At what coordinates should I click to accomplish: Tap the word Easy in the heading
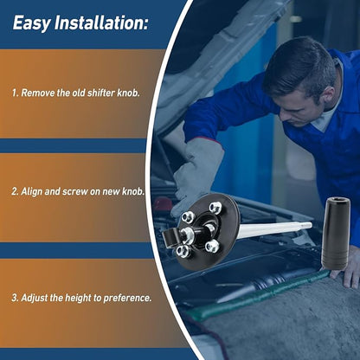pyautogui.click(x=31, y=24)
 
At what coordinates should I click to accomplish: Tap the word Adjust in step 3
pyautogui.click(x=34, y=298)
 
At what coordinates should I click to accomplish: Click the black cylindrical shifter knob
pyautogui.click(x=336, y=234)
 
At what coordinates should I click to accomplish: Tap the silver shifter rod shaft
pyautogui.click(x=274, y=229)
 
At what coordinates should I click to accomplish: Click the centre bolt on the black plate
pyautogui.click(x=188, y=232)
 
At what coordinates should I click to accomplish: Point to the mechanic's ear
pyautogui.click(x=328, y=95)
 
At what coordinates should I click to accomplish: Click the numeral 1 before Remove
pyautogui.click(x=14, y=93)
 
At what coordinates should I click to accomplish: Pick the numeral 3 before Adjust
pyautogui.click(x=15, y=298)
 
